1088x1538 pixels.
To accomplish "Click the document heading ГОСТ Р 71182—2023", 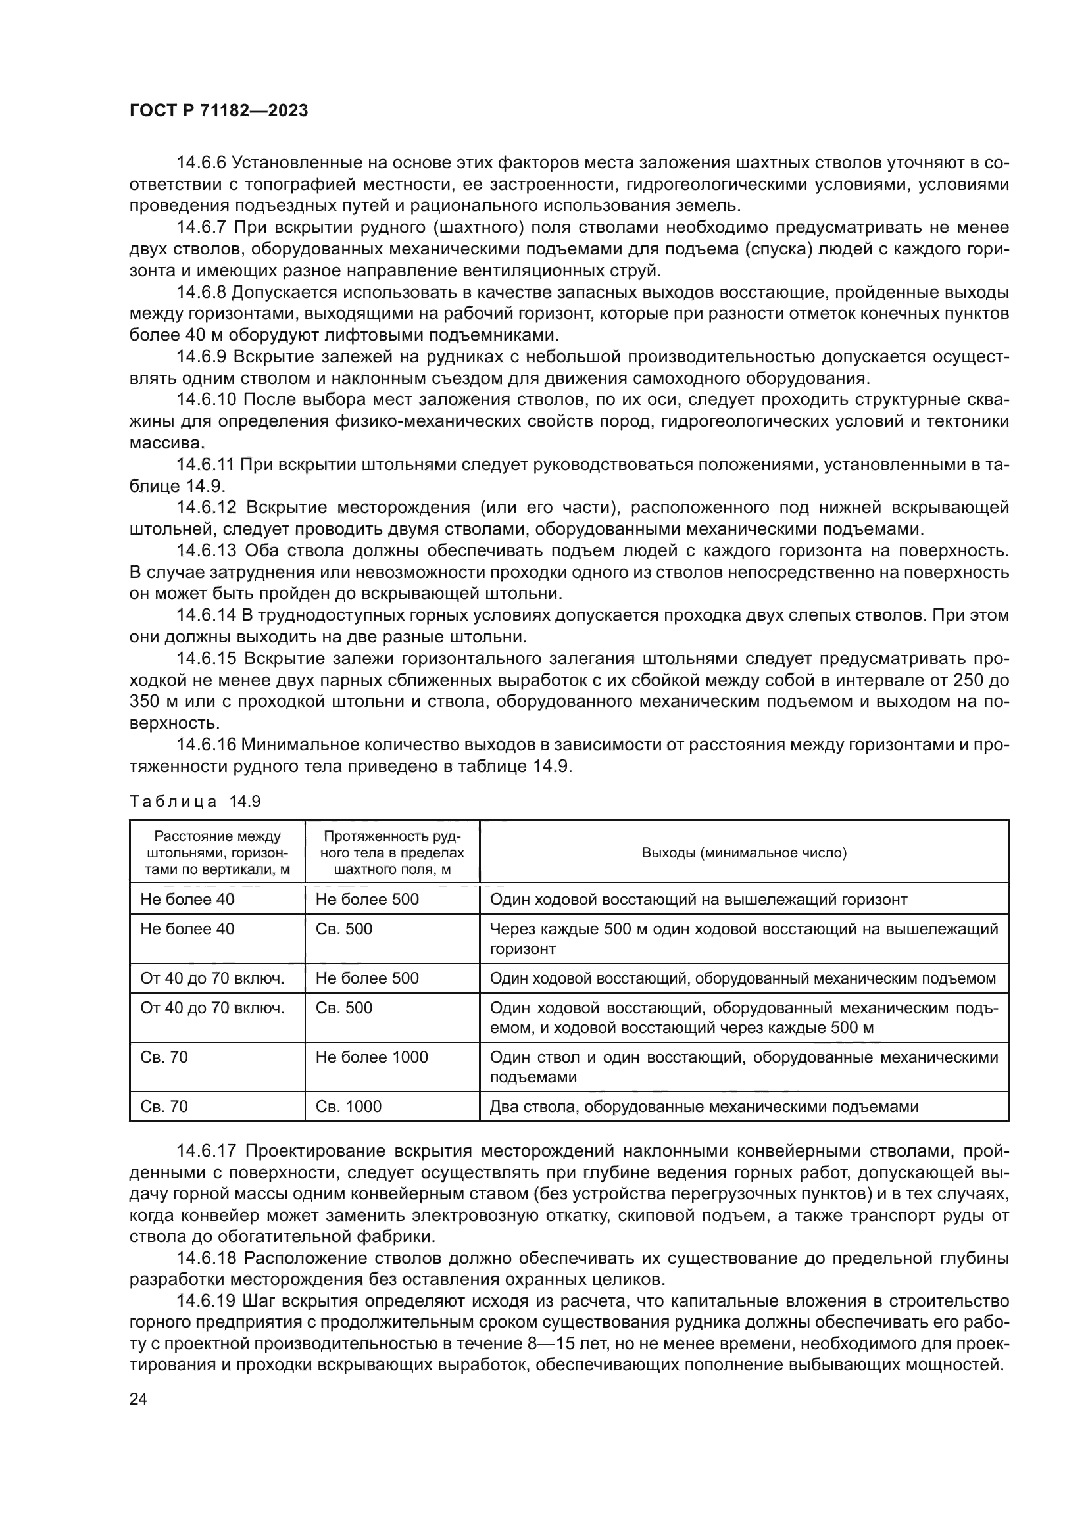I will click(x=218, y=110).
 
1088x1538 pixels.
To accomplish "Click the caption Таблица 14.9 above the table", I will click(x=194, y=802).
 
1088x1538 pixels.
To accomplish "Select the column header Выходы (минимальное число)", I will click(x=744, y=853).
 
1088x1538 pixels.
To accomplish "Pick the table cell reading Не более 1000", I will click(x=371, y=1057).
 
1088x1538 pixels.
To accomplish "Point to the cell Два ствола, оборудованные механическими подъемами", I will click(x=703, y=1107).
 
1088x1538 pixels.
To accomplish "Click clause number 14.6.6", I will click(x=202, y=163).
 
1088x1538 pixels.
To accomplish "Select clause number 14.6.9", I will click(x=202, y=357).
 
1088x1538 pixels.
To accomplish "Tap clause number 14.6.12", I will click(x=207, y=508).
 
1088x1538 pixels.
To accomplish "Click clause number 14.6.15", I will click(x=207, y=658).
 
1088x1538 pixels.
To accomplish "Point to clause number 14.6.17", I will click(x=207, y=1151).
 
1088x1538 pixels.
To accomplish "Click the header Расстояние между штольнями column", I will click(x=217, y=853).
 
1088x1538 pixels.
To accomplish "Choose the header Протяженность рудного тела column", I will click(x=392, y=853).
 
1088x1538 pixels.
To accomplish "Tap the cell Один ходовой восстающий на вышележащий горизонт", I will click(x=698, y=900).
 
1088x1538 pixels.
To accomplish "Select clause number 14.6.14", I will click(x=207, y=615).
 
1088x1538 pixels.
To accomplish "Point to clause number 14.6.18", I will click(x=207, y=1258).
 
